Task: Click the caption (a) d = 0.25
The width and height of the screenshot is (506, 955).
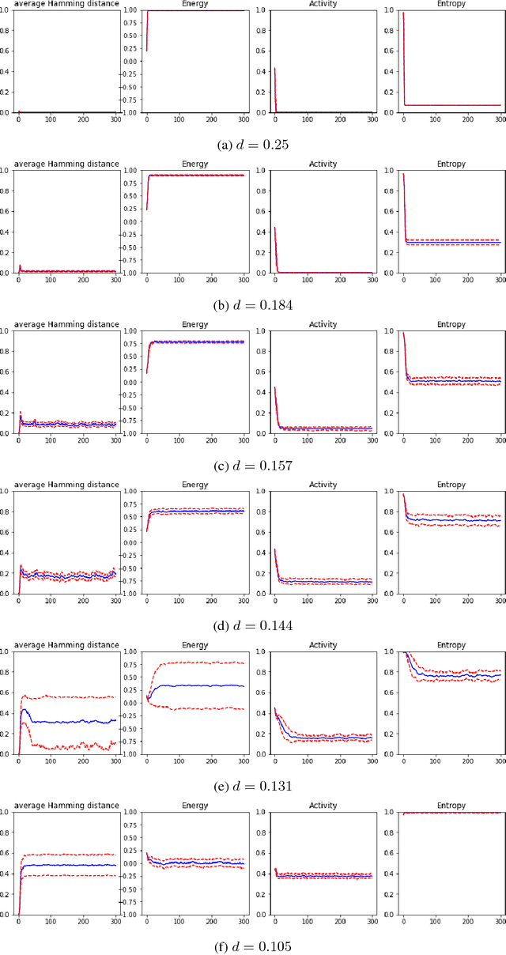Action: pyautogui.click(x=253, y=145)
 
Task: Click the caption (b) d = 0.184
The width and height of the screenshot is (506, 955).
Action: pyautogui.click(x=253, y=305)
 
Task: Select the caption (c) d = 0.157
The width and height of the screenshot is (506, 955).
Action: pyautogui.click(x=253, y=466)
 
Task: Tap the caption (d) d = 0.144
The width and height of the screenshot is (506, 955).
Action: pyautogui.click(x=253, y=626)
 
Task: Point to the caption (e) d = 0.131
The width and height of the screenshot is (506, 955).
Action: pyautogui.click(x=253, y=787)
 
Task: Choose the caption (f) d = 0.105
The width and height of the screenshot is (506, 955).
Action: pyautogui.click(x=253, y=947)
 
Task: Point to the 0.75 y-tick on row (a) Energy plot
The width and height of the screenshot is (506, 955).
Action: pyautogui.click(x=131, y=23)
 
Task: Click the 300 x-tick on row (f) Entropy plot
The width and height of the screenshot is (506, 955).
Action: pyautogui.click(x=500, y=922)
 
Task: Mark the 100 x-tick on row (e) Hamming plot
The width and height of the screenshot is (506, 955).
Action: pyautogui.click(x=51, y=761)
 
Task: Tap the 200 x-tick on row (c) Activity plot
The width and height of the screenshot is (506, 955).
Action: pyautogui.click(x=340, y=440)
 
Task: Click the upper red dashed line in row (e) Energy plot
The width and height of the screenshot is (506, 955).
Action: pyautogui.click(x=194, y=663)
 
